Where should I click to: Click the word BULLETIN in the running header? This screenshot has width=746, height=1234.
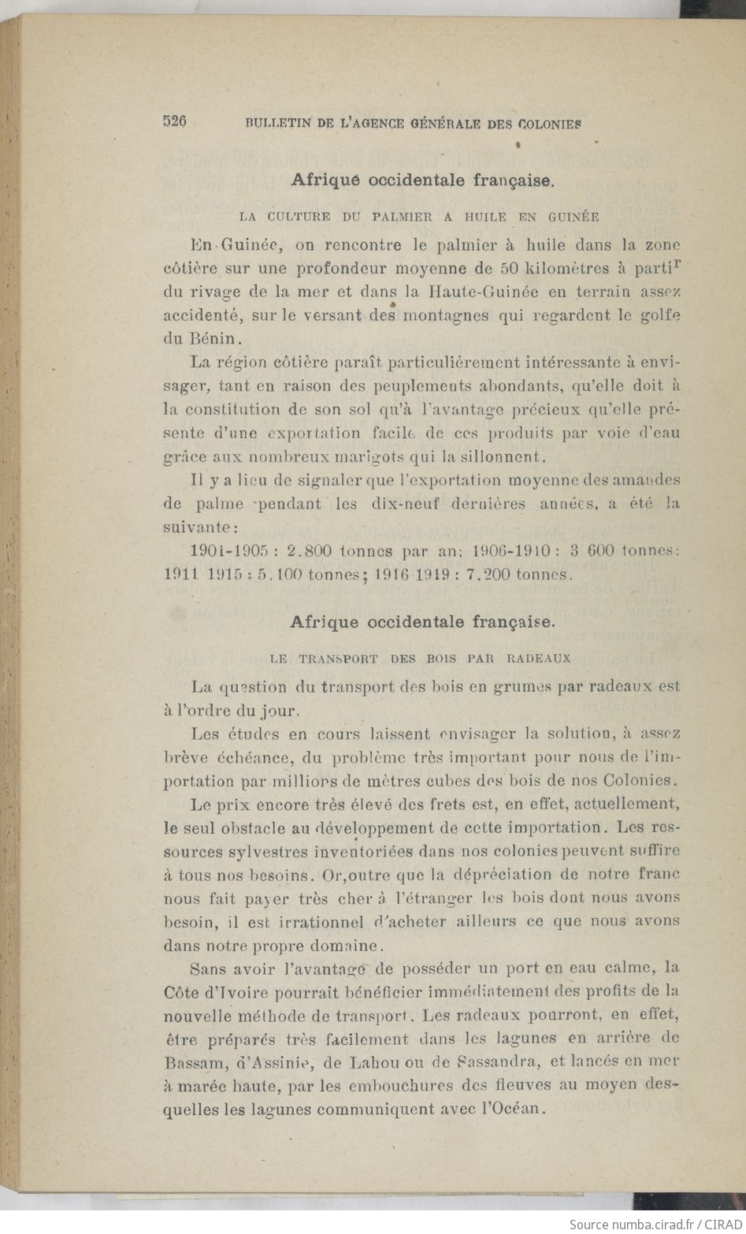[274, 123]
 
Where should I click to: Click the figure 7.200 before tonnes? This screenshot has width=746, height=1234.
[492, 574]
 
